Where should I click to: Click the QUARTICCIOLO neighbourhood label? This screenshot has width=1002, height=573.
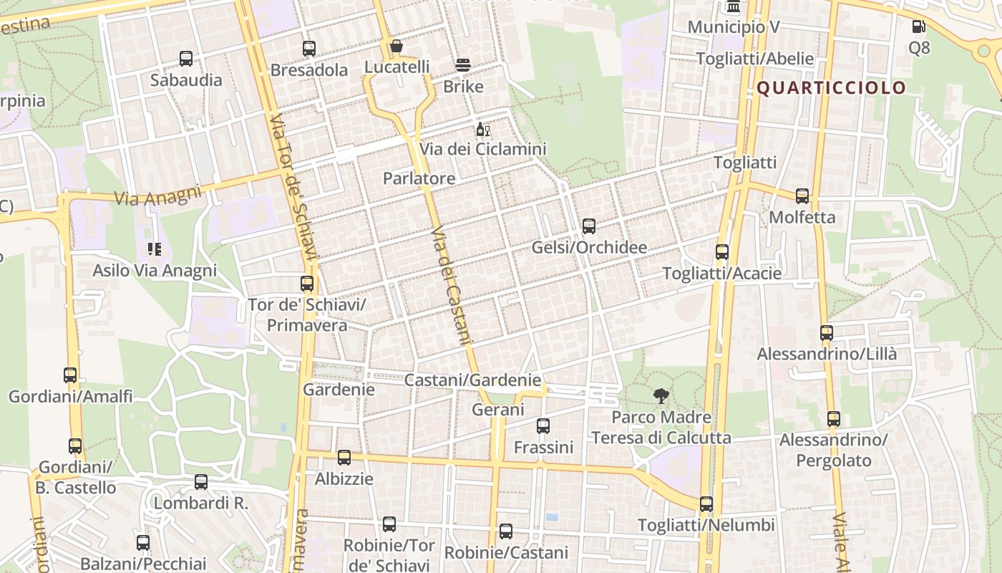831,88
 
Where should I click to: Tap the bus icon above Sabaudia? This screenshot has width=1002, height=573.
186,59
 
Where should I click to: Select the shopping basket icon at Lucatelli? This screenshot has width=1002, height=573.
397,47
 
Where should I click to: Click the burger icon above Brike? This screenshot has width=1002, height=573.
463,65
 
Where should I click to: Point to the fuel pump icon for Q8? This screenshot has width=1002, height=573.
918,27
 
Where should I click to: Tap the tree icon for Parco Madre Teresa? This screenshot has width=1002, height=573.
661,395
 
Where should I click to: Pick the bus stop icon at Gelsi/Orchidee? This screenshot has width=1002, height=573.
589,226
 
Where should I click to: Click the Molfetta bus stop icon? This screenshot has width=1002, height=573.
802,196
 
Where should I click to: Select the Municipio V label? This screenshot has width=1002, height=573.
733,27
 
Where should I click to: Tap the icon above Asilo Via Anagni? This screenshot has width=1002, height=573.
155,249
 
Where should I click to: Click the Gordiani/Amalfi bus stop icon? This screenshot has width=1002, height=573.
70,375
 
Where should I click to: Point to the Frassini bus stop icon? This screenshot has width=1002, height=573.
543,426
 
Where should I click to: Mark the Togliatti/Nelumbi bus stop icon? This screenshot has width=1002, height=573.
706,504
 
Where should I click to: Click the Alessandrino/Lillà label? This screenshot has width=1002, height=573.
827,354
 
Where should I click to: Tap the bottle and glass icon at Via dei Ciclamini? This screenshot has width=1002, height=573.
483,130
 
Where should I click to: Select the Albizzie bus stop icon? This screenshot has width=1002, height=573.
344,457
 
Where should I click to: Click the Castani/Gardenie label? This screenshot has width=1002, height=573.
472,380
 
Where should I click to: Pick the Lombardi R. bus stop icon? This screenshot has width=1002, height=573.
201,482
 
